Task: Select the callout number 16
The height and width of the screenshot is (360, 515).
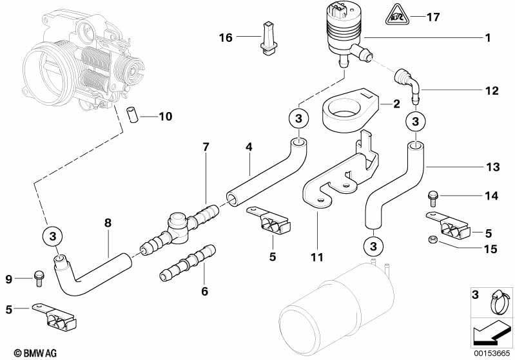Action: (225, 38)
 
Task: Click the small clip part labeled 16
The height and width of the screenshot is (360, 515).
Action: (268, 36)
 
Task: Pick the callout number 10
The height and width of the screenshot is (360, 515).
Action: (165, 117)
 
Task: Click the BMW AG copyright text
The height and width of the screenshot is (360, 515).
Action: (23, 353)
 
